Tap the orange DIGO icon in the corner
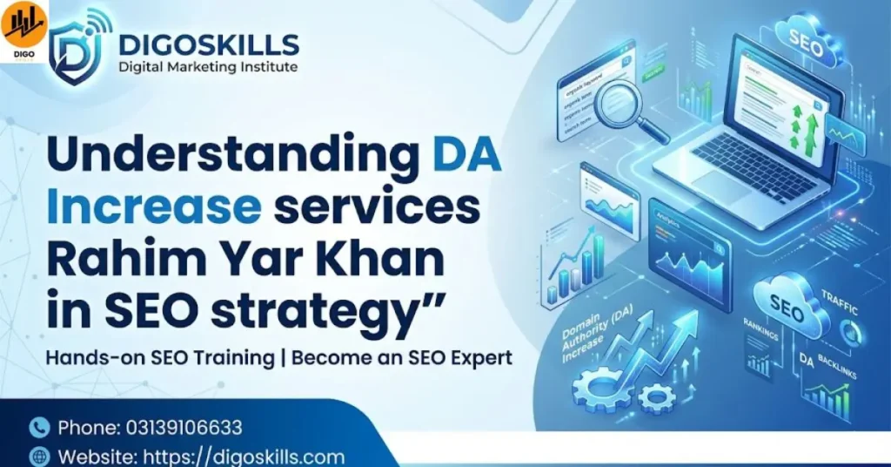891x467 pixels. (x=23, y=29)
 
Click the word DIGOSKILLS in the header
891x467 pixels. (x=209, y=44)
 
